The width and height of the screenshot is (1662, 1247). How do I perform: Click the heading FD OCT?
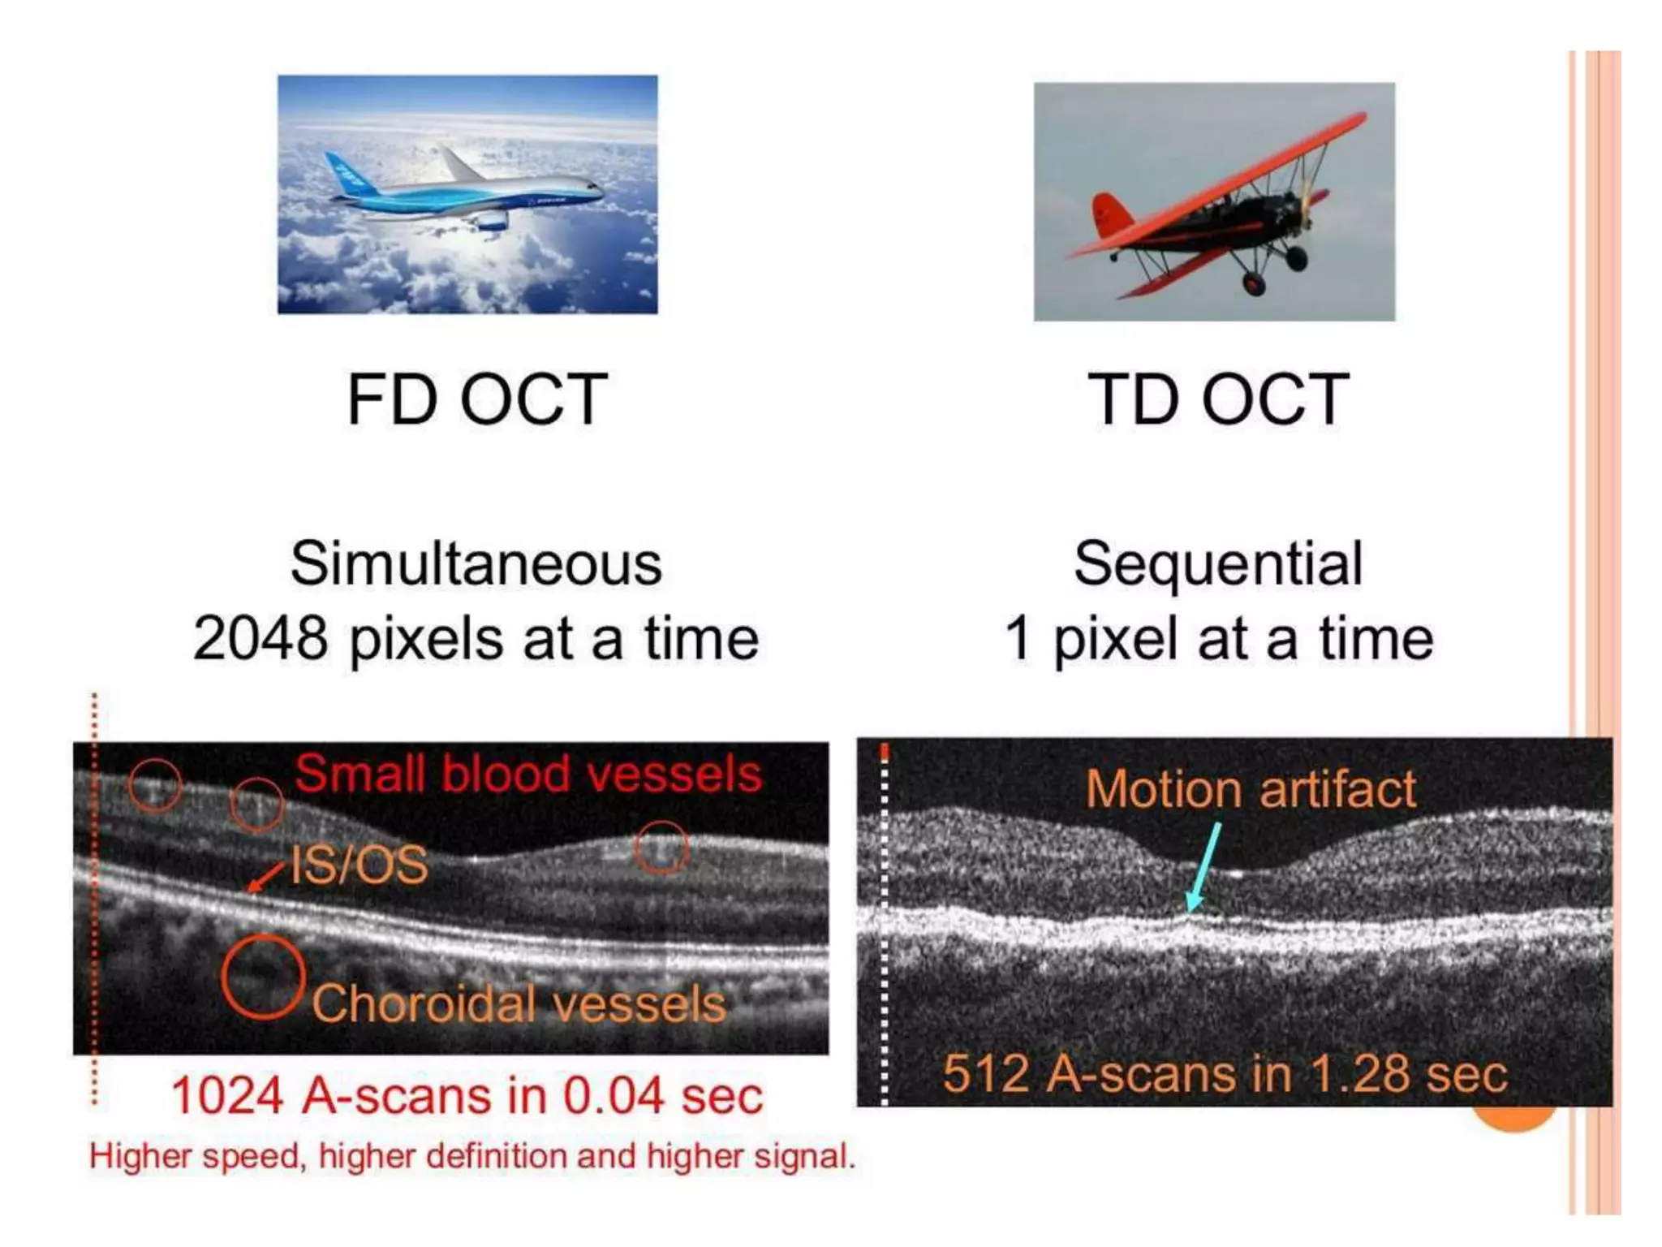pos(477,399)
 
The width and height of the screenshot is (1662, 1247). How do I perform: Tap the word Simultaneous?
pos(476,563)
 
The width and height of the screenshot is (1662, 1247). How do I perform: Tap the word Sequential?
pos(1217,563)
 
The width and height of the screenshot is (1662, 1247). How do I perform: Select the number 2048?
pos(260,638)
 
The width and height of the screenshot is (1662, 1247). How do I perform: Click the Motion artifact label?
pos(1250,789)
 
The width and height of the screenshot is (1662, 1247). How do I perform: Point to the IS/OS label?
pos(359,865)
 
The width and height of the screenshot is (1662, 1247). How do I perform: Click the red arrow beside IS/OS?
pos(266,878)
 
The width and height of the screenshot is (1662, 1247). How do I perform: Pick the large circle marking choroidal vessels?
pos(263,976)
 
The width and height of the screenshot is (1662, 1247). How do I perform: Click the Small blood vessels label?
pos(527,773)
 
